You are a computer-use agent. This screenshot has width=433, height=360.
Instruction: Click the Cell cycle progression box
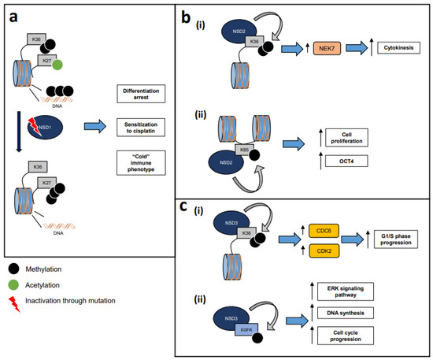361,336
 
